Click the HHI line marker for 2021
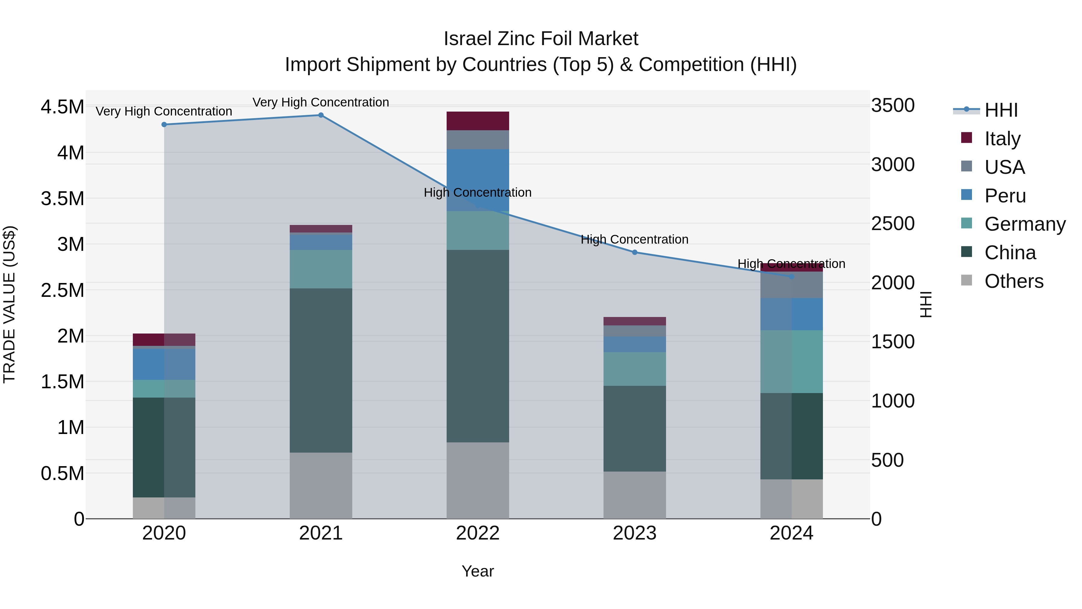(321, 115)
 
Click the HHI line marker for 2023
(635, 252)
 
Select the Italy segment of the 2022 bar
(478, 121)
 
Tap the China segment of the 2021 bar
(321, 370)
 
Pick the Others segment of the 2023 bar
(635, 495)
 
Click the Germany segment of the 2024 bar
(791, 361)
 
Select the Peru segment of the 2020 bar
(164, 364)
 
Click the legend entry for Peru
(1004, 196)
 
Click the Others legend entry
(1013, 281)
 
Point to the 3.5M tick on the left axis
(62, 198)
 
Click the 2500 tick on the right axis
(893, 223)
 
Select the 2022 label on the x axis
(478, 533)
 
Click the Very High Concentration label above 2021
(321, 102)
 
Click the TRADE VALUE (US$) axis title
(9, 304)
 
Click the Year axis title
(478, 571)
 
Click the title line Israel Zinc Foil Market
(541, 39)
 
